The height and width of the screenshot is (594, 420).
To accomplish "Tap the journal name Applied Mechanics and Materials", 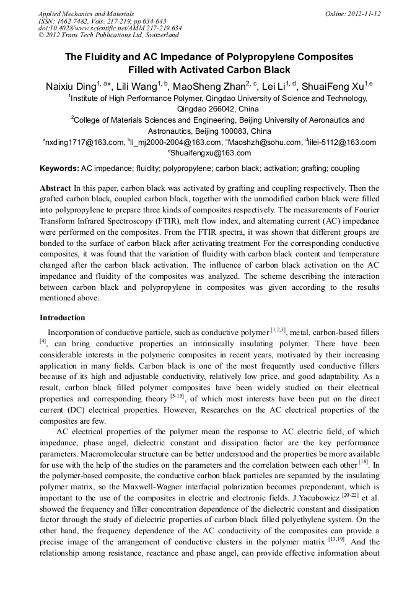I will point(86,13).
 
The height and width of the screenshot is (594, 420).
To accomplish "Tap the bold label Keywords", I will point(59,168).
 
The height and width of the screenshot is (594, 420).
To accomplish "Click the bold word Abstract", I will point(55,188).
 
